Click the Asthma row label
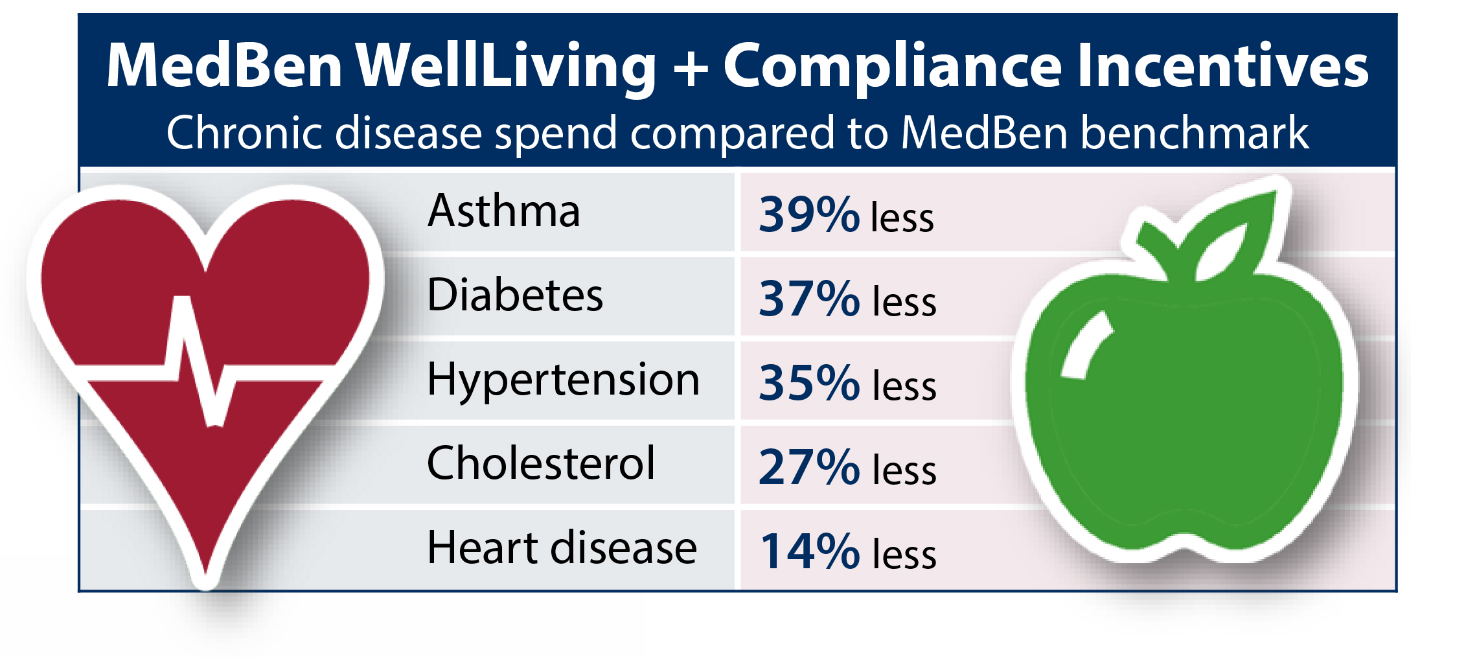[x=503, y=211]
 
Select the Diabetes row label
[x=515, y=295]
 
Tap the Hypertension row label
[x=563, y=380]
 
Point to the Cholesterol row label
[x=541, y=464]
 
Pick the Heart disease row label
[x=562, y=548]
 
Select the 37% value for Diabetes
[x=808, y=299]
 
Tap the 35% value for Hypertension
[x=808, y=383]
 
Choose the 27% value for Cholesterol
[x=808, y=467]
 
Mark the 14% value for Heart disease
[x=808, y=551]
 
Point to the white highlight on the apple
[x=1086, y=347]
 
